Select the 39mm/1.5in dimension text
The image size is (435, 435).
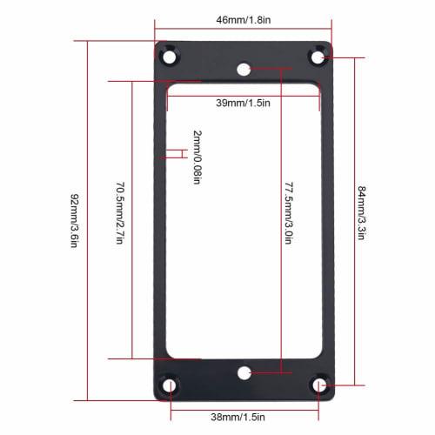(244, 103)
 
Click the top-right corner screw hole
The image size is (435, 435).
(318, 57)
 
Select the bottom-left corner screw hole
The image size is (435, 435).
(169, 382)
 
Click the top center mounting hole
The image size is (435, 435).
(244, 67)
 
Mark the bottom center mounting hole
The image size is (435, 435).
(244, 371)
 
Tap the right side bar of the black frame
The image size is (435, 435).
(328, 217)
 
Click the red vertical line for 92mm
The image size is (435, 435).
(87, 217)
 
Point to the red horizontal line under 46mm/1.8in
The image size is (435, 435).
(244, 27)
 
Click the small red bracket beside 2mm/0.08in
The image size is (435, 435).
(178, 154)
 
